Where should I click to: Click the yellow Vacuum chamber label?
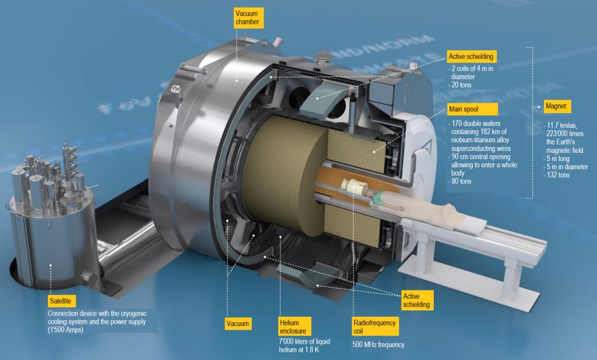click(248, 18)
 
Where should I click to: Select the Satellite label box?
click(61, 301)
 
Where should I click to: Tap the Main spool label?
click(472, 109)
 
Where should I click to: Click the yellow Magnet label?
click(557, 106)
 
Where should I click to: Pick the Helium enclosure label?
click(294, 327)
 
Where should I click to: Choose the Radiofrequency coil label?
click(375, 327)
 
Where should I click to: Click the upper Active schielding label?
click(471, 57)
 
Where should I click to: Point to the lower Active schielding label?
click(417, 300)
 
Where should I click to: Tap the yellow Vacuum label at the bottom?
click(238, 324)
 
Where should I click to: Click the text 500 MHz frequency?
click(378, 345)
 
